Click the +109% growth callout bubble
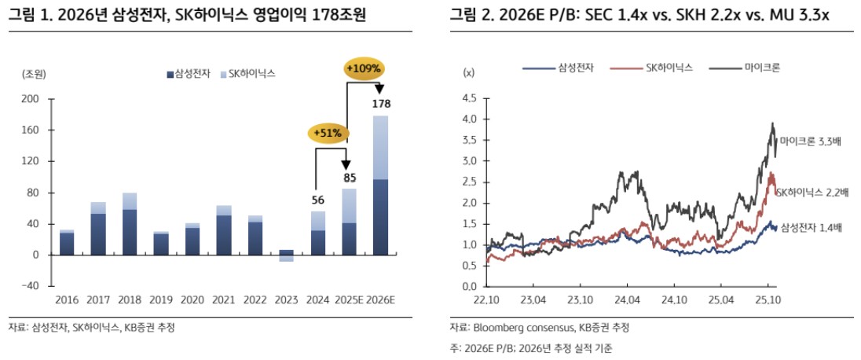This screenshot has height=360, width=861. [x=363, y=68]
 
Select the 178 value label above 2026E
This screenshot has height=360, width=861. [x=381, y=104]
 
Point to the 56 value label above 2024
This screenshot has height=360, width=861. [x=318, y=200]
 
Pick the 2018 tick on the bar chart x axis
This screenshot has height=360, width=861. [x=130, y=299]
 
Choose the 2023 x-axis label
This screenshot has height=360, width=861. [x=287, y=299]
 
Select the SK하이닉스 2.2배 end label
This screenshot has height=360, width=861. [x=812, y=193]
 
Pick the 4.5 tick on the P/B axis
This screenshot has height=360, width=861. [x=471, y=99]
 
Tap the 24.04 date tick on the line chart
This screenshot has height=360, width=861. [x=627, y=299]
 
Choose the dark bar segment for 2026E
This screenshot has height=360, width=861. [x=380, y=217]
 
